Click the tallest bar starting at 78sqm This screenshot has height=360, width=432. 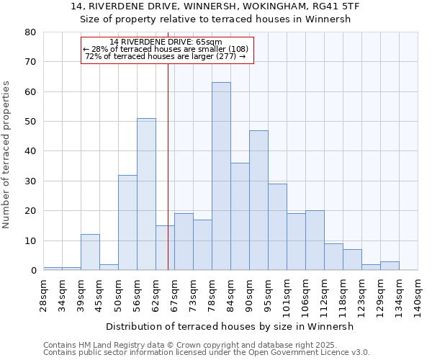pos(221,176)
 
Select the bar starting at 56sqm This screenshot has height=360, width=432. pos(146,194)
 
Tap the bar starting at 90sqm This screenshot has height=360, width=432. pos(258,200)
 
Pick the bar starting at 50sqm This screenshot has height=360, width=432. pos(127,222)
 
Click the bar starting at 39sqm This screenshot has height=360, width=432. pos(90,252)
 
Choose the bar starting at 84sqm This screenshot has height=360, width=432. pos(240,217)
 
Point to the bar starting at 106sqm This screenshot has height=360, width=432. pos(315,240)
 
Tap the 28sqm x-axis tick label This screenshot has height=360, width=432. pos(44,295)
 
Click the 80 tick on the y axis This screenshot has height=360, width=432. pos(30,32)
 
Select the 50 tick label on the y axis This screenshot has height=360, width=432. pos(30,122)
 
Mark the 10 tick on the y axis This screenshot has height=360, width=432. pos(30,240)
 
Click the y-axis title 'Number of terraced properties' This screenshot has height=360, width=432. pos(7,155)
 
